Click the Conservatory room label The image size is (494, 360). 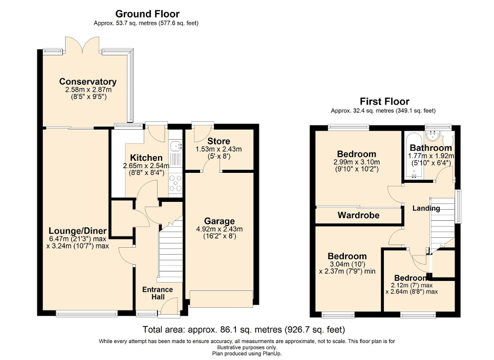click(x=87, y=82)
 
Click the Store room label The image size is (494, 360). click(x=218, y=141)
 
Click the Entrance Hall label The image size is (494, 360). click(x=157, y=294)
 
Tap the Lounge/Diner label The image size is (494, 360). click(x=77, y=231)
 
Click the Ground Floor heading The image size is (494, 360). click(x=147, y=14)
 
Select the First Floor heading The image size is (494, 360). click(x=384, y=102)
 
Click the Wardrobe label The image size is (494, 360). click(x=355, y=215)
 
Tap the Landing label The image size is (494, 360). click(x=426, y=208)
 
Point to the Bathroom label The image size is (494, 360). click(x=430, y=148)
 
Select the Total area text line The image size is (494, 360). click(x=244, y=330)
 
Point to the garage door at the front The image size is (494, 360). click(x=221, y=299)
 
